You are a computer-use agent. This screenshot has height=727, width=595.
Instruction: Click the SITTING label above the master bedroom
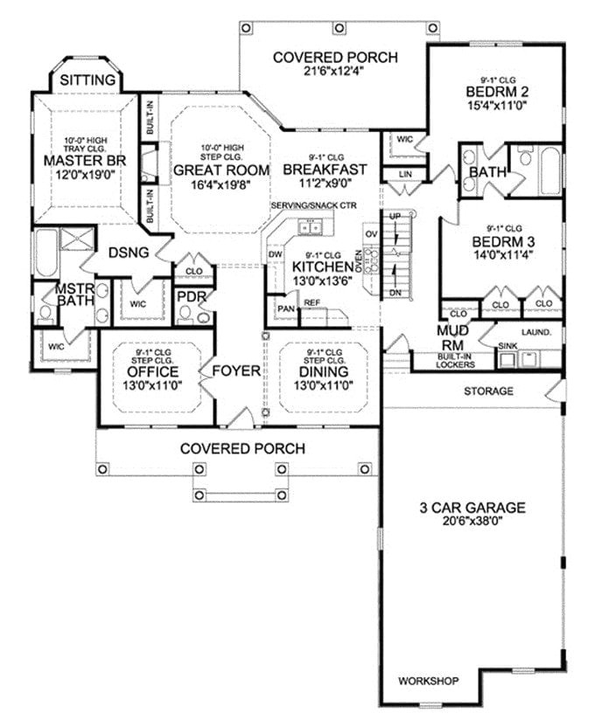coord(87,80)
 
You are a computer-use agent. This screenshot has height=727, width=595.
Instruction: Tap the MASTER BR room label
coord(85,161)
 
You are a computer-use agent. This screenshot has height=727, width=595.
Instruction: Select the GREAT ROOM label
coord(213,170)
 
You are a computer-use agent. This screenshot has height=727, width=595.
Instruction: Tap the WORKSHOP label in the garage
coord(427,680)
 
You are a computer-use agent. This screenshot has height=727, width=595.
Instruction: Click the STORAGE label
coord(488,391)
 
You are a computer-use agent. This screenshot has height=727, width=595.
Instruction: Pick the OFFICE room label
coord(154,371)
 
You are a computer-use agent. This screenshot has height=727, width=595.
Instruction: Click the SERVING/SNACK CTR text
coord(314,204)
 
